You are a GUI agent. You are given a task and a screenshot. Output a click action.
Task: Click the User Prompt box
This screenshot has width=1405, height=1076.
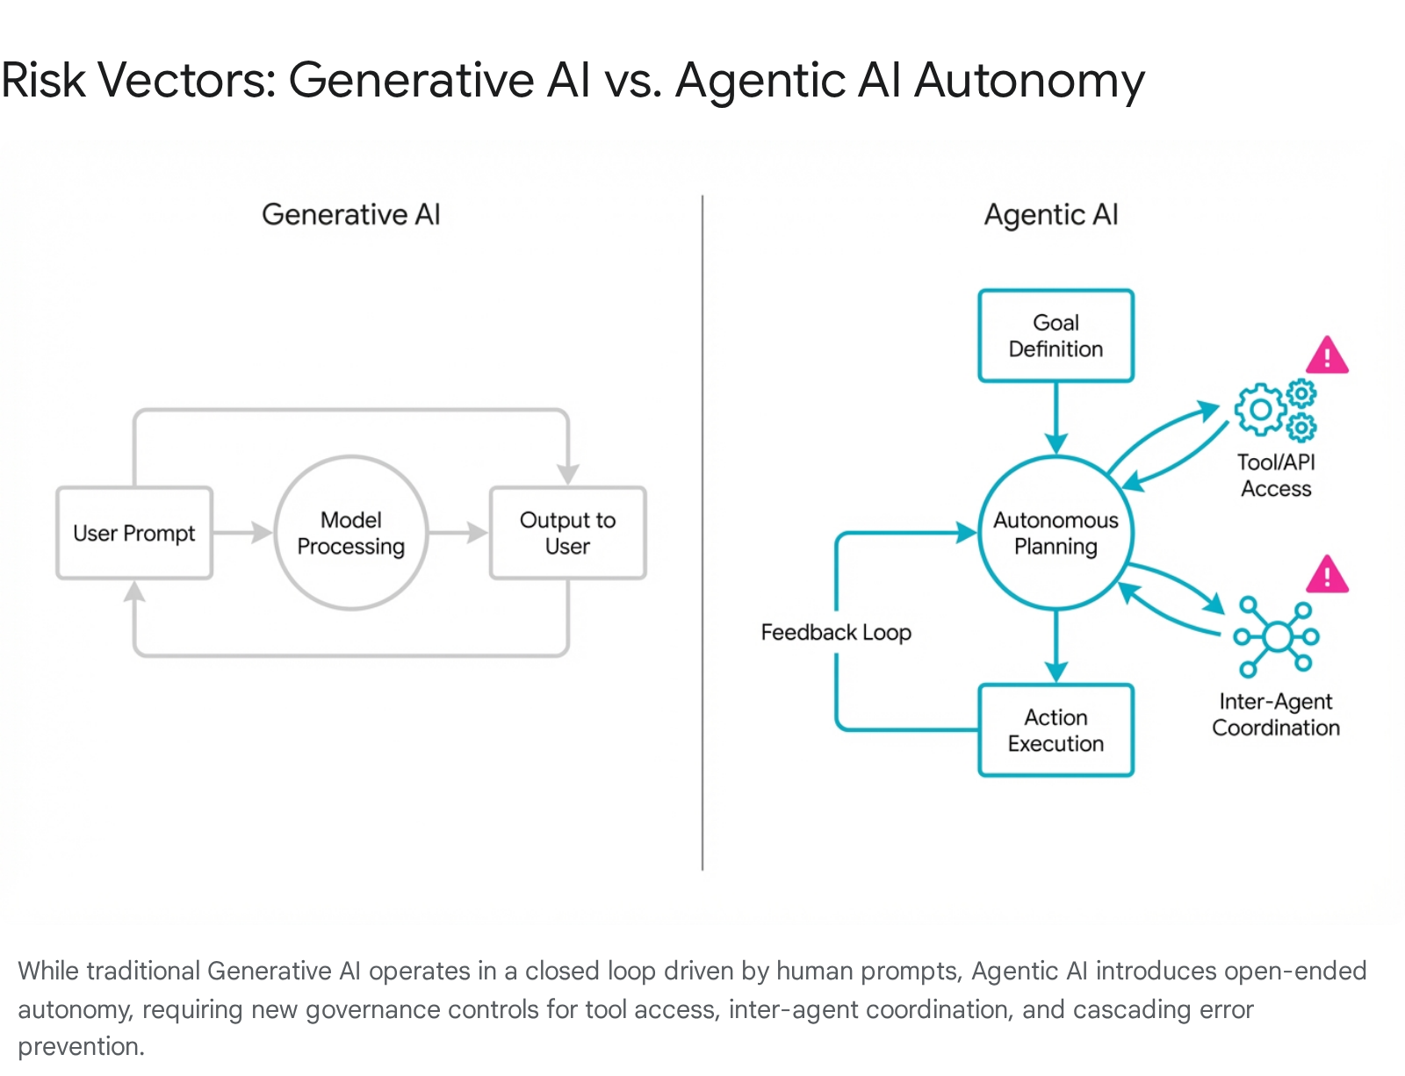[134, 533]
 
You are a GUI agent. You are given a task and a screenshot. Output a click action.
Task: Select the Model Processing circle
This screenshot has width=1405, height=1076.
[351, 533]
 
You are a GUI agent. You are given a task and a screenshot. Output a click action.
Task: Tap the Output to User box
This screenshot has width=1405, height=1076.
[567, 533]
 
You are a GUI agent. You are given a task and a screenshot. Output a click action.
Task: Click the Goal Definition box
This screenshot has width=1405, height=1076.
[1056, 335]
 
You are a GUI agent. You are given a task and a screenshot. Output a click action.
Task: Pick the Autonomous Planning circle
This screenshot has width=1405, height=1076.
[1056, 533]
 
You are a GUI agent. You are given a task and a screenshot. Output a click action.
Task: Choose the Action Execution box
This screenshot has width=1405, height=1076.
[1056, 730]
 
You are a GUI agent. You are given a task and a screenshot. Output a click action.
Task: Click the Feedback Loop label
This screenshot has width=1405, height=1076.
[835, 632]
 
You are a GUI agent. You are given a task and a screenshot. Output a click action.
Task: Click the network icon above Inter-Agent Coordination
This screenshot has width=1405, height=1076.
[1276, 636]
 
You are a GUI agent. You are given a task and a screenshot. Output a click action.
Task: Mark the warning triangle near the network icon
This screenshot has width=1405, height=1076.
[1327, 576]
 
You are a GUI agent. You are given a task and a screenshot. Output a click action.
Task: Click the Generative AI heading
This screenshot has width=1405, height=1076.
[351, 214]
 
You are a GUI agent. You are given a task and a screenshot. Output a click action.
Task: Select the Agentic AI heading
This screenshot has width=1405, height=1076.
[1051, 214]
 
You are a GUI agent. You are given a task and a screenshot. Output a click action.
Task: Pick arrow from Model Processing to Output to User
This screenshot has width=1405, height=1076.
[458, 533]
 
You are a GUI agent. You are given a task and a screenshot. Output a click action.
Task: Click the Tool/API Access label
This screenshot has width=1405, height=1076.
[1276, 475]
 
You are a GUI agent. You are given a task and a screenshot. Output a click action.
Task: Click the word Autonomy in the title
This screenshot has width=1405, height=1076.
[1029, 81]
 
